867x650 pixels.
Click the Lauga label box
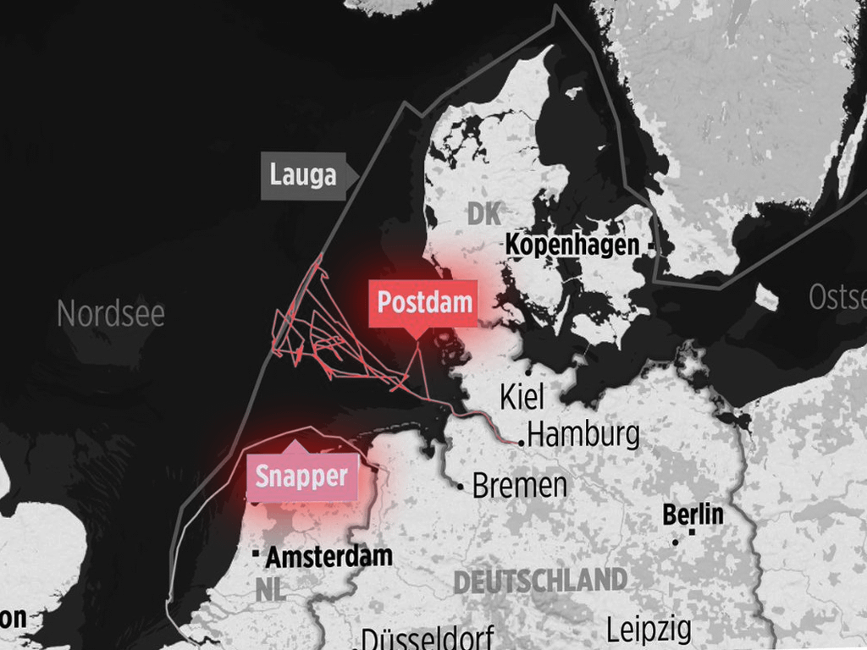click(303, 176)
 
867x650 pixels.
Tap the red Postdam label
click(424, 303)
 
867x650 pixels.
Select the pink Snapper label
click(301, 476)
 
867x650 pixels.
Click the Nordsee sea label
click(110, 314)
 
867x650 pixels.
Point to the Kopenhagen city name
click(572, 245)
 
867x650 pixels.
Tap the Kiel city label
click(522, 395)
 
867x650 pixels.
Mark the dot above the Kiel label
click(528, 371)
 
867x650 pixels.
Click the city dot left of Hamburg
click(522, 442)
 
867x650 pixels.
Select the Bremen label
click(520, 486)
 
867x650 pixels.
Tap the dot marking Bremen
click(461, 487)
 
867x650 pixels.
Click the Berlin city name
click(693, 514)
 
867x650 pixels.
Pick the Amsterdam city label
click(329, 556)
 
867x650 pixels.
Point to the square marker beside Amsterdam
click(256, 554)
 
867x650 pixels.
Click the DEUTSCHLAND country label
click(540, 581)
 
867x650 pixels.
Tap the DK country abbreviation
click(483, 214)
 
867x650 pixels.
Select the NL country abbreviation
click(268, 591)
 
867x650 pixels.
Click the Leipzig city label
click(649, 630)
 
